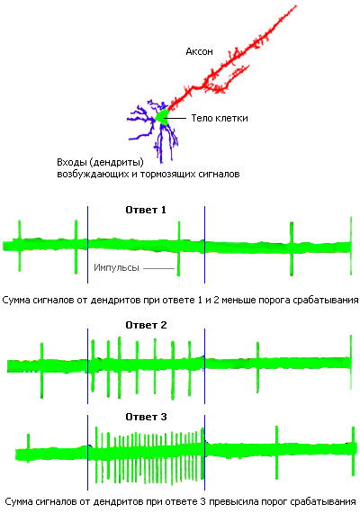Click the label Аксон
click(199, 51)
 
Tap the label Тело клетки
click(220, 118)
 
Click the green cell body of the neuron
click(162, 117)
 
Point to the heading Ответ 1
click(146, 210)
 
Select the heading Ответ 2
click(146, 325)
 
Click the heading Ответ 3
click(146, 417)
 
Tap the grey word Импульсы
click(116, 267)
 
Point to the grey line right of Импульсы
click(159, 268)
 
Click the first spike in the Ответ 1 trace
click(19, 246)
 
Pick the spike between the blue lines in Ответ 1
click(179, 248)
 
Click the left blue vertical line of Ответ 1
click(87, 245)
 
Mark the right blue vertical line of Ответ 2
click(205, 366)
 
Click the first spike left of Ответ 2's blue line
click(41, 371)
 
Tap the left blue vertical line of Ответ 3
click(87, 453)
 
